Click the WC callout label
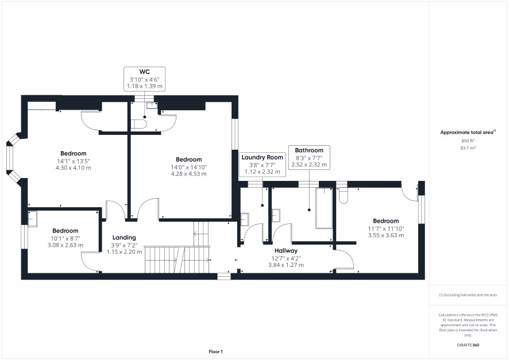(x=144, y=72)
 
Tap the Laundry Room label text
(x=263, y=157)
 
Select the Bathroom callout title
(x=309, y=150)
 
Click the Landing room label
(x=124, y=237)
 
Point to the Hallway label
(x=286, y=250)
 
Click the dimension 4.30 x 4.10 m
(x=74, y=168)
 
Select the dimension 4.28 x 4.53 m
(x=188, y=173)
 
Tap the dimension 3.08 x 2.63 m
(x=65, y=245)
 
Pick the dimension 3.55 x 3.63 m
(x=385, y=235)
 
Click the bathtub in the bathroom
(x=324, y=208)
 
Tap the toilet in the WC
(x=138, y=124)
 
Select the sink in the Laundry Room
(x=245, y=219)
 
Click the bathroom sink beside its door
(x=276, y=215)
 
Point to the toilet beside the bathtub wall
(x=343, y=196)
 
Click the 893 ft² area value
(x=468, y=141)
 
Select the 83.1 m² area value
(x=468, y=148)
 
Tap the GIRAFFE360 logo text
(x=468, y=344)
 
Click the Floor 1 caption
(x=215, y=351)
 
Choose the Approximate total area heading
(x=468, y=132)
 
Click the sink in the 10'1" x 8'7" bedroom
(x=33, y=219)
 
